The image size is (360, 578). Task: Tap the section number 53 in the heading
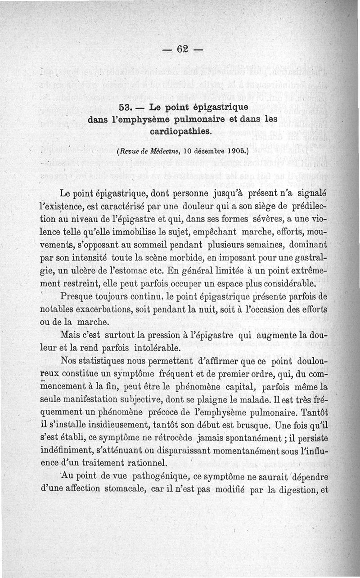click(x=124, y=108)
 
